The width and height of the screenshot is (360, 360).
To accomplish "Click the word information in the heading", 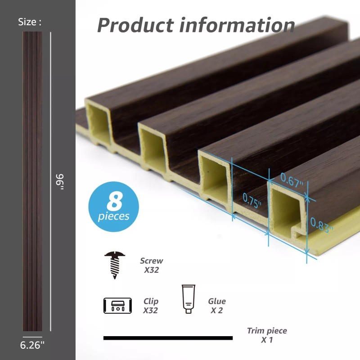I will pos(237,25).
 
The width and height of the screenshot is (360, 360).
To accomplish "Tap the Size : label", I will pos(30,22).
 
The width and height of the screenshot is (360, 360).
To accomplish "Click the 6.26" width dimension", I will pos(32,345).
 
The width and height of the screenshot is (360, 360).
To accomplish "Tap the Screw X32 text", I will pos(151,265).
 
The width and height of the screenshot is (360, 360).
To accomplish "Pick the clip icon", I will pos(117,306).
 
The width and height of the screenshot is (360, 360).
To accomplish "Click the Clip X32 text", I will pos(151,306).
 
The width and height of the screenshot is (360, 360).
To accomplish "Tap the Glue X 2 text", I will pos(217,306).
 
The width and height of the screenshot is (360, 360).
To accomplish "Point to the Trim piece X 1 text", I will pos(267,335).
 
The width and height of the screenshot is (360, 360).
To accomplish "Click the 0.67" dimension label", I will pos(292,178).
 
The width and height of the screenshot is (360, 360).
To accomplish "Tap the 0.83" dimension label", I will pos(321,224).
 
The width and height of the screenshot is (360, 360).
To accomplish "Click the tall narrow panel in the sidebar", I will pos(32,183).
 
